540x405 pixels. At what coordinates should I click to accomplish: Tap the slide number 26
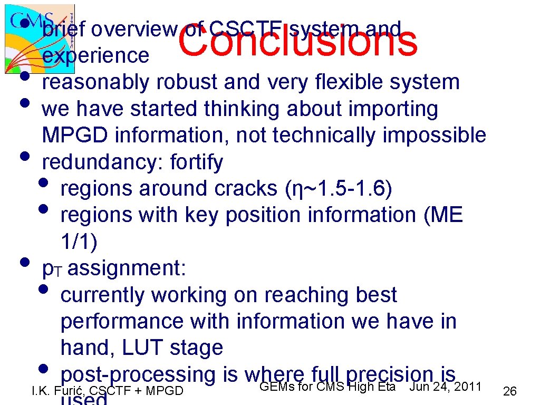click(x=510, y=391)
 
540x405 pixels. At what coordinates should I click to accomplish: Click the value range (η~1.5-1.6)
click(x=339, y=189)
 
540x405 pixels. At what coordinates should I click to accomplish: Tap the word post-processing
click(x=138, y=374)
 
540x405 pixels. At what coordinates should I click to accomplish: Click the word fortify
click(x=197, y=162)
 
